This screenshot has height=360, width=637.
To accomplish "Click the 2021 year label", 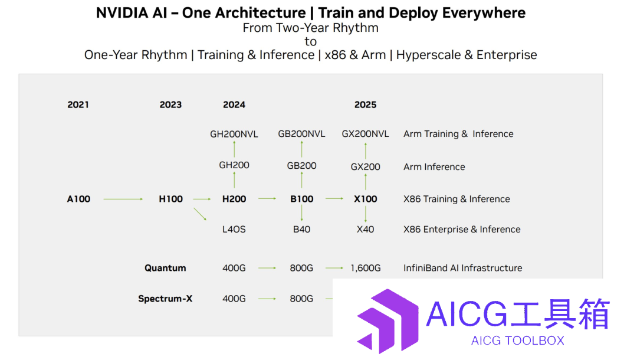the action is point(78,105).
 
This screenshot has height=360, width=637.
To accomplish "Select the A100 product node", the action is point(78,199).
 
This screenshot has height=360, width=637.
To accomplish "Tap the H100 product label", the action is point(170,199).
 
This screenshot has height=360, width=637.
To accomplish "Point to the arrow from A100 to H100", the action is point(123,199).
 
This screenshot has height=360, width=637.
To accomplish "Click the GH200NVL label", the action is point(234,134).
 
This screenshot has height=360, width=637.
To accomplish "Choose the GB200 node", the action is point(301,166).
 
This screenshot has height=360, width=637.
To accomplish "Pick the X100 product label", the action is point(365,199).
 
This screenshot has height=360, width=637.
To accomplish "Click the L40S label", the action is point(234,230).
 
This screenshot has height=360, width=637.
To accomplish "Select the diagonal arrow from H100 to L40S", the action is point(200,214).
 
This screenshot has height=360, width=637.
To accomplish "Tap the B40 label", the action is point(301,230).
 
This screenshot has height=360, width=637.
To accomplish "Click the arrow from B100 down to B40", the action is point(302,213).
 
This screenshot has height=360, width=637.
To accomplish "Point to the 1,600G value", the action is point(366,268).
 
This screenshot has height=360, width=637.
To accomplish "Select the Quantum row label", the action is point(165,268).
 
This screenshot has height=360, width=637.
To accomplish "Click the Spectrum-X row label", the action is point(165,299).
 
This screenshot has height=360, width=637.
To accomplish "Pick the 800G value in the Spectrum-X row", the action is point(301,299).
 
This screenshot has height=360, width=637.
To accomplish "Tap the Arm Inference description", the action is point(434,167).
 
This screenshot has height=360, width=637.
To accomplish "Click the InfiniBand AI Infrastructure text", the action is point(463,268).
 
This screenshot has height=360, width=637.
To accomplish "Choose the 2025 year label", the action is point(365,105).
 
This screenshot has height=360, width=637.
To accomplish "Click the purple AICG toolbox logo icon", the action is point(388,321).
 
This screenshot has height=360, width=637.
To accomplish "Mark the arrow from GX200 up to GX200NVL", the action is point(366,150).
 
